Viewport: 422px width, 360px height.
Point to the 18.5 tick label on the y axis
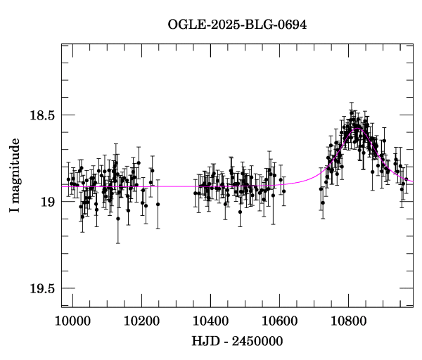click(41, 115)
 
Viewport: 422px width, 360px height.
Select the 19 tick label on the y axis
click(48, 202)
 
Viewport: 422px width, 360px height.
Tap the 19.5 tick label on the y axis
click(41, 288)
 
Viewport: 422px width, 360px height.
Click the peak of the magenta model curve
click(357, 128)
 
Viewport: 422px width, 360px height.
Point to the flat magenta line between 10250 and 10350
click(176, 186)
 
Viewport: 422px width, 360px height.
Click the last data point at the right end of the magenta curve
click(407, 180)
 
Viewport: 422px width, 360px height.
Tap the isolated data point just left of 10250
click(158, 205)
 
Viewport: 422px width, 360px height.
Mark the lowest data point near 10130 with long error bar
click(118, 219)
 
